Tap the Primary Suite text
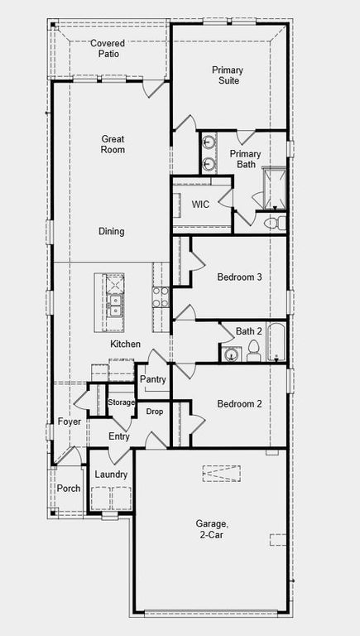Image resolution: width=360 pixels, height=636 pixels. [x=226, y=75]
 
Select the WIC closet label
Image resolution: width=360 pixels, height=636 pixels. [x=200, y=204]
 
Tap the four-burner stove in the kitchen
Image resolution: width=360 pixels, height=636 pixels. [x=160, y=296]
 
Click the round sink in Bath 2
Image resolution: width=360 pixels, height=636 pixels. [x=232, y=354]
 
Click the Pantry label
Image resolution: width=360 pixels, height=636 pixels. [x=153, y=379]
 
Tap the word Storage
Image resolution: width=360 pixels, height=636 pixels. [x=121, y=402]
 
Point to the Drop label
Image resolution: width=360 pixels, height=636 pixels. [x=155, y=412]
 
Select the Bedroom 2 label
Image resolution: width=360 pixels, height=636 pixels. [x=239, y=404]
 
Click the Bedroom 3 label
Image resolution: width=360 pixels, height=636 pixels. [x=239, y=277]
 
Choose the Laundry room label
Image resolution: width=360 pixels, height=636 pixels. [x=111, y=475]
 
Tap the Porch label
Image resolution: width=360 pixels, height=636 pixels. [x=69, y=488]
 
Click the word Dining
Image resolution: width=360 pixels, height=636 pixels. [x=112, y=232]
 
